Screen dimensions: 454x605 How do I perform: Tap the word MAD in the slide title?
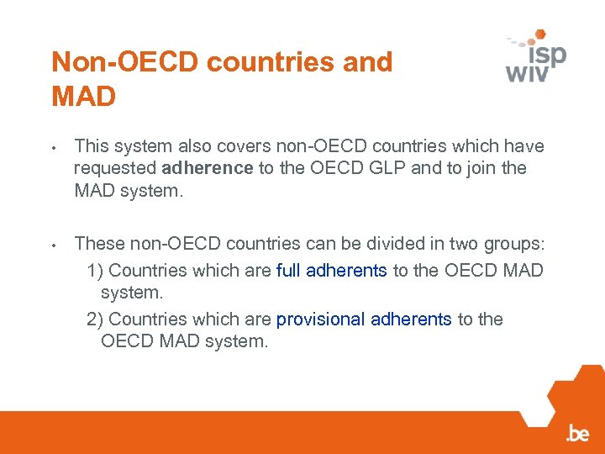tap(83, 97)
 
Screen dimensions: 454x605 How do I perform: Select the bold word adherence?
tap(208, 168)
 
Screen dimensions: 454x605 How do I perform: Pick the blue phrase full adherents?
tap(332, 271)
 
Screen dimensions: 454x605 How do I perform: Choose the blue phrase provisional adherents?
tap(364, 319)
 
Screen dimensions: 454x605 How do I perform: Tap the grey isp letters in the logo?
tap(547, 55)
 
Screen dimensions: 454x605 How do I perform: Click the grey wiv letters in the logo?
tap(527, 72)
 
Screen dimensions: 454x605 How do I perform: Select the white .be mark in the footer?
tap(577, 434)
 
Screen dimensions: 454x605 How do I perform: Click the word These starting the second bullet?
tap(97, 245)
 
